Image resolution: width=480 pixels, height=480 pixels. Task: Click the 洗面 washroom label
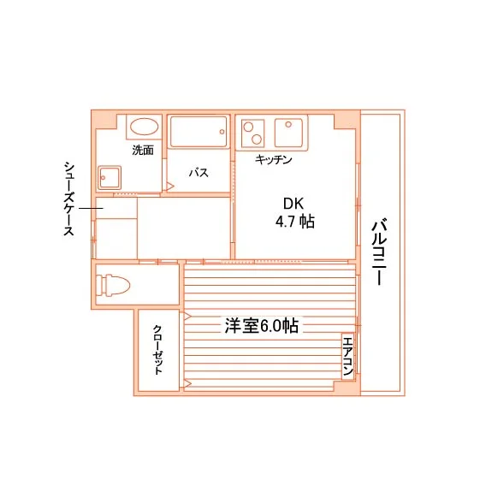(x=143, y=150)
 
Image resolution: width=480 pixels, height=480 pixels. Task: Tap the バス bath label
(x=199, y=173)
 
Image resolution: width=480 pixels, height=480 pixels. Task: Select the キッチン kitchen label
(x=274, y=159)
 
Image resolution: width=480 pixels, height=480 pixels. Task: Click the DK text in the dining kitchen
(x=293, y=204)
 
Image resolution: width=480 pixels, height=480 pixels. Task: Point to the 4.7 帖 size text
(x=295, y=222)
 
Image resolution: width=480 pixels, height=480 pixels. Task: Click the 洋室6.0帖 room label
(x=262, y=326)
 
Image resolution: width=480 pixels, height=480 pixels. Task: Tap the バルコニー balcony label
(x=380, y=252)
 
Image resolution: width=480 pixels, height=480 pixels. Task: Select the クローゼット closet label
(x=157, y=350)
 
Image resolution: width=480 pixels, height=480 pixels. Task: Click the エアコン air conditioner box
(x=348, y=356)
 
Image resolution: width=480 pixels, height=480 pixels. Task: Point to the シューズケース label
(x=69, y=199)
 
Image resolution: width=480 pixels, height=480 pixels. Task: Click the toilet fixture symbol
(x=113, y=285)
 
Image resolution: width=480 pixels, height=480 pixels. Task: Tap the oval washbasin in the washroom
(x=145, y=127)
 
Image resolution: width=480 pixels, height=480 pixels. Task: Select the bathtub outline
(x=199, y=132)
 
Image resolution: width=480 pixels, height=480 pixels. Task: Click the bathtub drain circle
(x=222, y=132)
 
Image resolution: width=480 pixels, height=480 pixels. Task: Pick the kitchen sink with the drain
(x=289, y=133)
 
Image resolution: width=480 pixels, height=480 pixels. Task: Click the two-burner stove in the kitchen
(x=253, y=133)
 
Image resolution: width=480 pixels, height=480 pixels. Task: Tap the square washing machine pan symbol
(x=110, y=178)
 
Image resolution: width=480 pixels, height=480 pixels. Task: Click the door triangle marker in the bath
(x=170, y=187)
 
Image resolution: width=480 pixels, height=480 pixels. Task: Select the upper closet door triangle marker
(x=187, y=317)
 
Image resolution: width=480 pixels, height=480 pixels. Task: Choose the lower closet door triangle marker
(x=187, y=383)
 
